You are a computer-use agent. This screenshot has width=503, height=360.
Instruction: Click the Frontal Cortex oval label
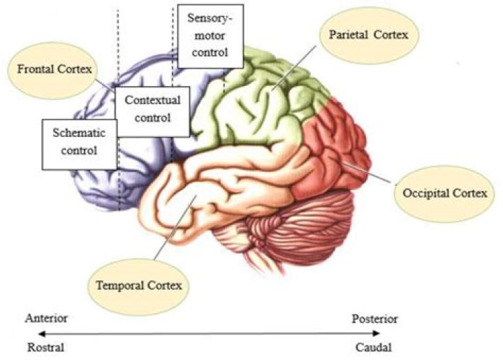pos(52,69)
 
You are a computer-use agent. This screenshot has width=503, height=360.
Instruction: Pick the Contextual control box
pos(152,109)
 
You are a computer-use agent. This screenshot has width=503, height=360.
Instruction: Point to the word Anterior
pos(46,319)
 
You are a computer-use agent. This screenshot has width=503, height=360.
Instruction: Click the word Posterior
pos(375,319)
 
